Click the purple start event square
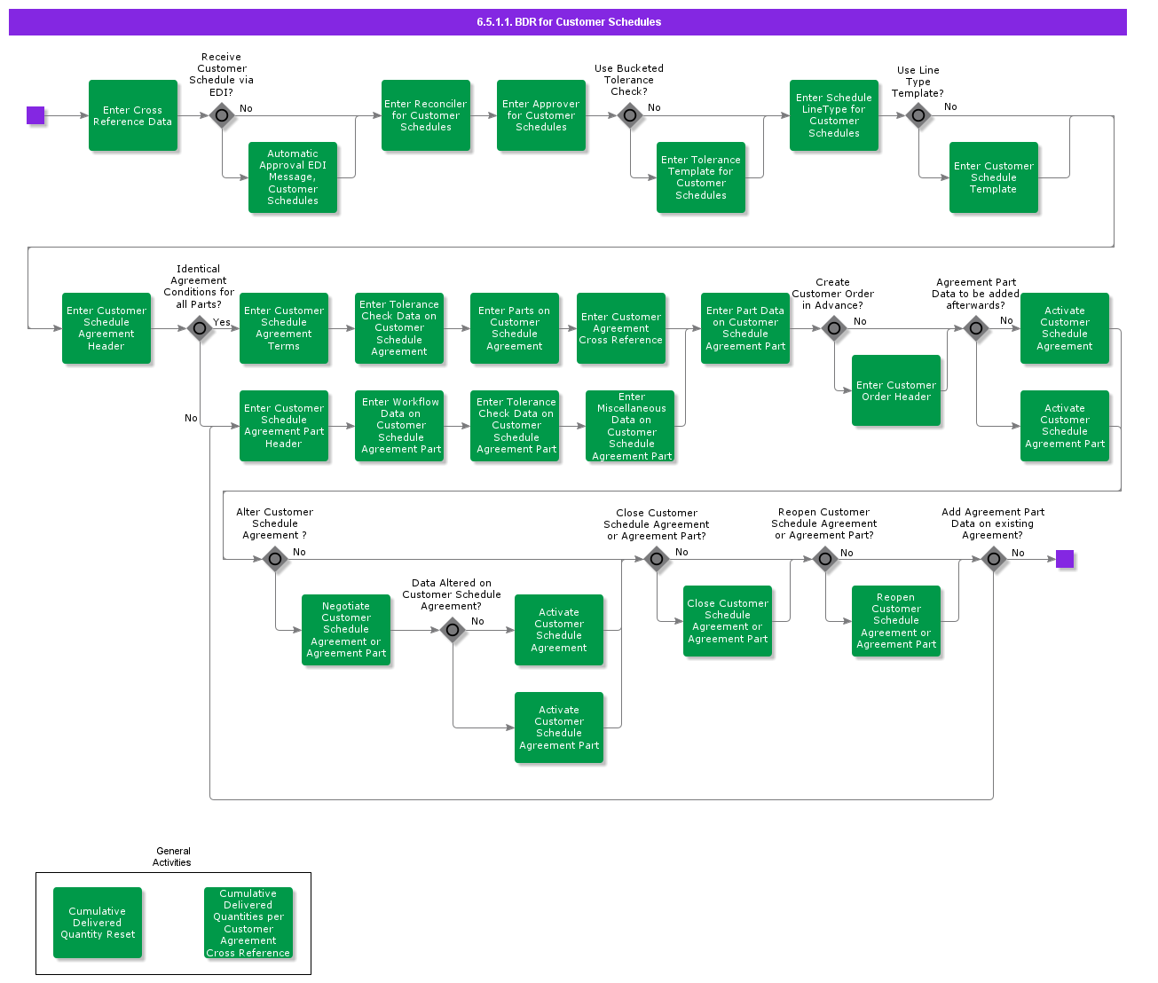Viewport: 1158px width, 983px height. [x=35, y=115]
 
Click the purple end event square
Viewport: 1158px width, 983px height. [x=1065, y=559]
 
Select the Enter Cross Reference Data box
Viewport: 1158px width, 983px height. [x=133, y=115]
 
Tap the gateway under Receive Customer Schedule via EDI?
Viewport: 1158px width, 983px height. [x=222, y=115]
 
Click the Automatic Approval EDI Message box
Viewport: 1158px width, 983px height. [x=293, y=177]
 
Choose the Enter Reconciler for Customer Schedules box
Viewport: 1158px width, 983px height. [x=426, y=115]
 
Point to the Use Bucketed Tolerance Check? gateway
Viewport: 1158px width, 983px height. [x=630, y=115]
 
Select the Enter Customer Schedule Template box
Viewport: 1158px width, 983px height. [x=994, y=177]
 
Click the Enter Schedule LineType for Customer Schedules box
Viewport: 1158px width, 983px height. [x=834, y=115]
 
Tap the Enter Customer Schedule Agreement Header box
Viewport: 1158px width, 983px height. [x=106, y=328]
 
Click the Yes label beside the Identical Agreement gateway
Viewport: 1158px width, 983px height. [x=222, y=322]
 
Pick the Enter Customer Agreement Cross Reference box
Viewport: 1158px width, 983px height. [x=621, y=328]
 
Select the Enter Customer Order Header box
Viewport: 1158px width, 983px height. [x=896, y=390]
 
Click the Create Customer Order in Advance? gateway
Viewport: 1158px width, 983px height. [x=834, y=328]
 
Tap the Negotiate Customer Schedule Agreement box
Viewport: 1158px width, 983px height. [x=346, y=630]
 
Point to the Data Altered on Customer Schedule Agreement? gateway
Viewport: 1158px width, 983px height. [x=453, y=630]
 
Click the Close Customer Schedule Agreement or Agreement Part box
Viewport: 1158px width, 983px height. [x=728, y=621]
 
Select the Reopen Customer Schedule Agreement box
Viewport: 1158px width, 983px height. [x=896, y=621]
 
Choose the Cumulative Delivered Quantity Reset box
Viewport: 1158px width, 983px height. [x=98, y=923]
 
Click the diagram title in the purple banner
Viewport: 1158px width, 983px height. [x=569, y=22]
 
